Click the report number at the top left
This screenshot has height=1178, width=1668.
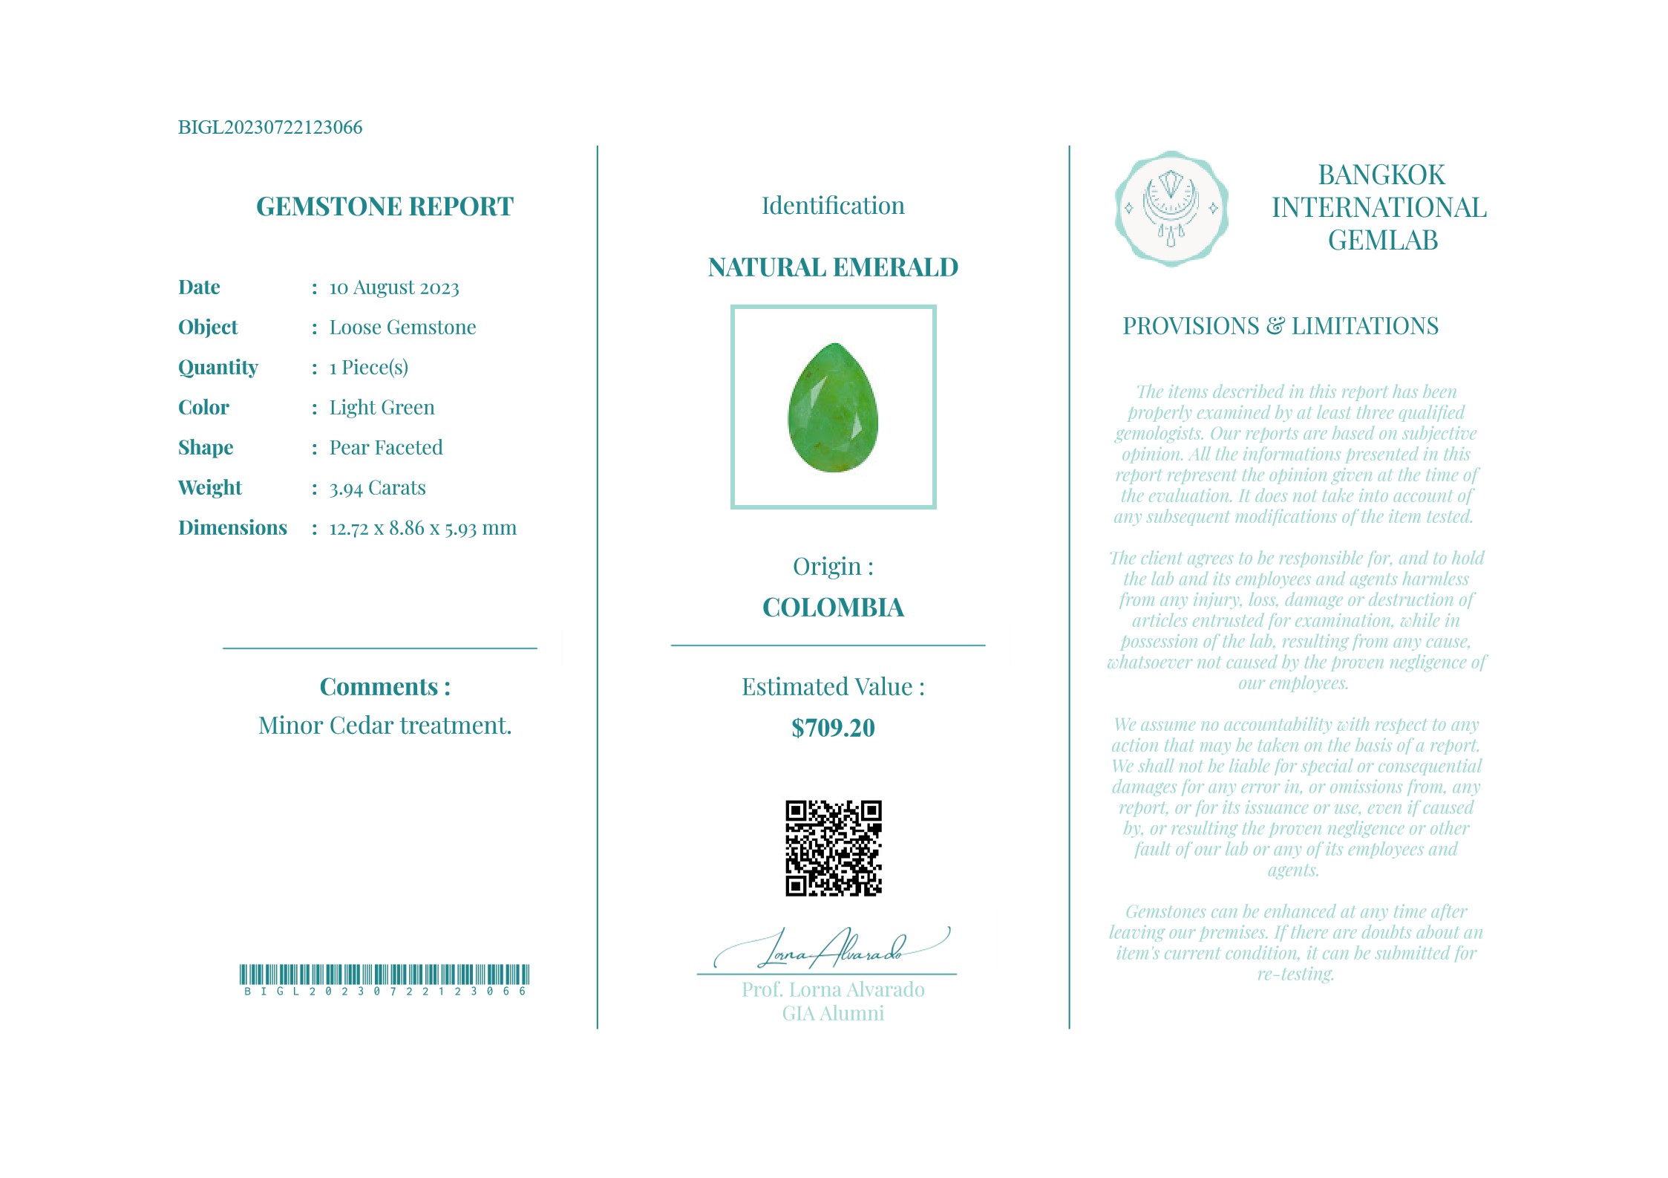(x=270, y=127)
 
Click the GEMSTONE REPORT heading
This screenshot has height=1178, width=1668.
(x=385, y=206)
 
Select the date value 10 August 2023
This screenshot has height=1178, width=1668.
(x=394, y=287)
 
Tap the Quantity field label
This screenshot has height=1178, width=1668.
(x=218, y=368)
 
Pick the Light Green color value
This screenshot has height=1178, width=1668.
(x=382, y=408)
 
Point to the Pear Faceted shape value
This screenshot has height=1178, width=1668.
(x=386, y=448)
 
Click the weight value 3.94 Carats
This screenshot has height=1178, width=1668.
(x=377, y=488)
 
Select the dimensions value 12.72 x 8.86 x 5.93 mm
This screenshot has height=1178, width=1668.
(x=422, y=528)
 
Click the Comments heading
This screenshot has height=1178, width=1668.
(x=385, y=687)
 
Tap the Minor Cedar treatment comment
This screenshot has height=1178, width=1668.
(x=385, y=726)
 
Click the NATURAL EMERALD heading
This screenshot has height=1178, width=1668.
(x=833, y=267)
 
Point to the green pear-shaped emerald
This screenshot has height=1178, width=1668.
(x=833, y=409)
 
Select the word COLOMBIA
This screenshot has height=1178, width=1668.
(x=833, y=608)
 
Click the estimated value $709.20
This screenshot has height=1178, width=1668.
(x=833, y=728)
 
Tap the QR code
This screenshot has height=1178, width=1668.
(x=833, y=848)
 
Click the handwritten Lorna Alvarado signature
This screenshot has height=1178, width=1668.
(x=831, y=949)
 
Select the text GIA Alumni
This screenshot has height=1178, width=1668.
(x=833, y=1014)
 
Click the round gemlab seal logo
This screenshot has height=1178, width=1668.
(x=1171, y=209)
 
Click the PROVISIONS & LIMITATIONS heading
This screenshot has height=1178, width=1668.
(x=1280, y=326)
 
